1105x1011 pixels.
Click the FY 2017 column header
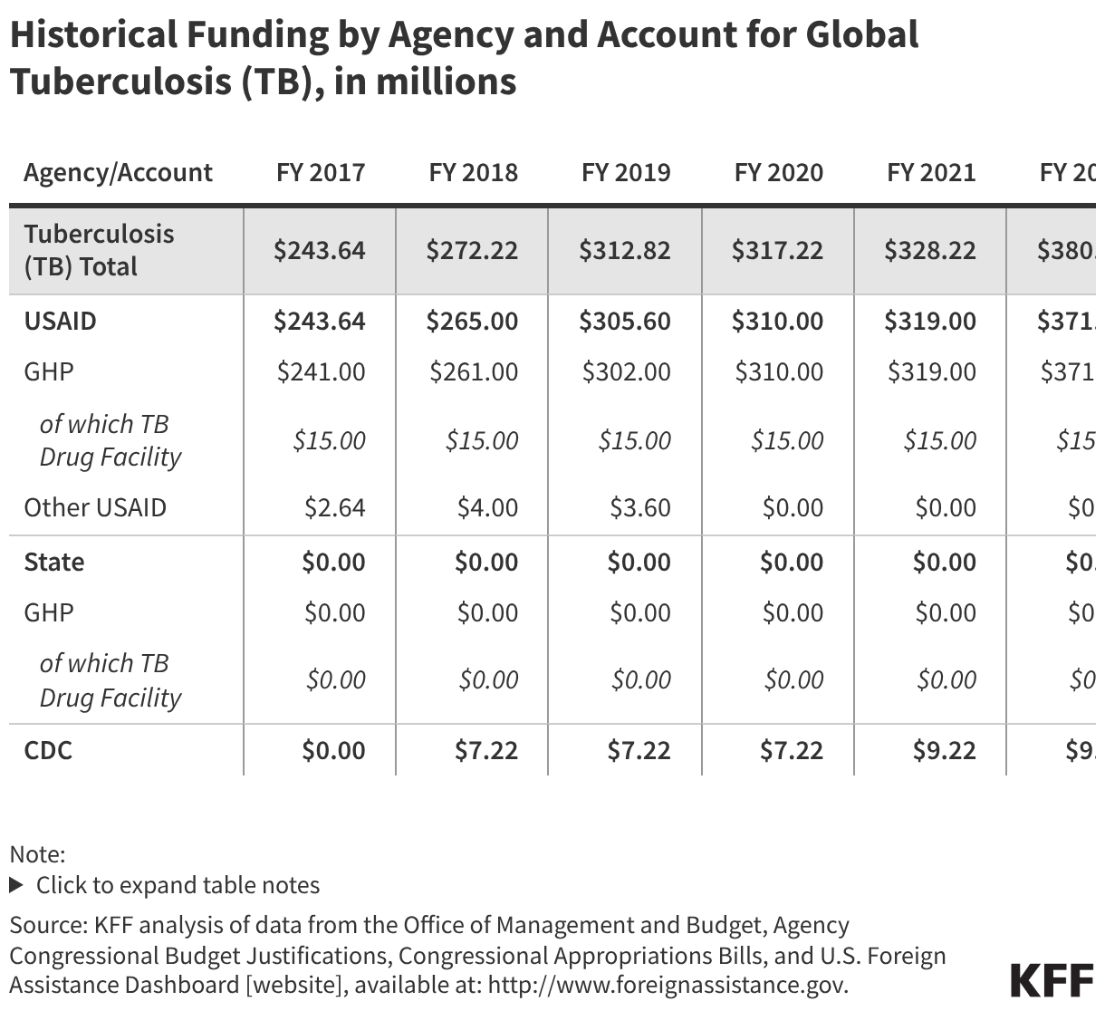(x=321, y=172)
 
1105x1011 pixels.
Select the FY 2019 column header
(x=626, y=172)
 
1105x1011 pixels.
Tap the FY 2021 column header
(x=931, y=172)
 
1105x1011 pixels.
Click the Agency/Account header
(x=118, y=172)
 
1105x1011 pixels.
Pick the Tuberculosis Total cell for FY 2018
(x=472, y=250)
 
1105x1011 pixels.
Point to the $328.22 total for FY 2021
(x=930, y=250)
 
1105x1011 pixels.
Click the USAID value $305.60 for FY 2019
(x=625, y=321)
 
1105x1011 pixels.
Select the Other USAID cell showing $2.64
(x=335, y=507)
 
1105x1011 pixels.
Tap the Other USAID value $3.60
(x=640, y=507)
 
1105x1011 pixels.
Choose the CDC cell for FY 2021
(x=945, y=750)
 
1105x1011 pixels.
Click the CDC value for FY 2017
(x=333, y=750)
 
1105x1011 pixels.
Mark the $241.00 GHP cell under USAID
(x=321, y=371)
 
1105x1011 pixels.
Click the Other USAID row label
(x=95, y=507)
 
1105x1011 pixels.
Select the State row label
(x=54, y=562)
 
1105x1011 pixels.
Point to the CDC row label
(x=48, y=750)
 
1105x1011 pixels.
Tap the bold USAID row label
(x=60, y=321)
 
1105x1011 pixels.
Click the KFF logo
(x=1052, y=981)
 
